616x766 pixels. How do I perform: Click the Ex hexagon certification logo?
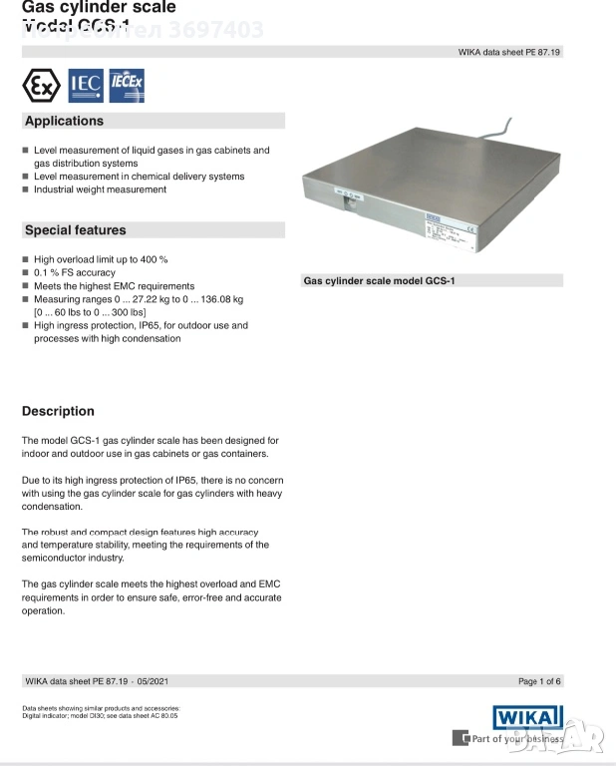point(41,86)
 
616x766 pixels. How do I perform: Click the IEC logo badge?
point(85,86)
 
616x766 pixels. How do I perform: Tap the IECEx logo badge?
point(126,86)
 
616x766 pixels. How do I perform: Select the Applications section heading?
point(64,121)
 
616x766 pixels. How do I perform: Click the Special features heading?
point(76,230)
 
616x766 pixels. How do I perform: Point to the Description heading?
point(58,411)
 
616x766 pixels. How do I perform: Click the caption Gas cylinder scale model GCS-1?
point(379,281)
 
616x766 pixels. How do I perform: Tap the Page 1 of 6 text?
point(540,681)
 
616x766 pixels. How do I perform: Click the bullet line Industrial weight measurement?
point(100,190)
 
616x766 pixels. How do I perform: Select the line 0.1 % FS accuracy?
point(75,272)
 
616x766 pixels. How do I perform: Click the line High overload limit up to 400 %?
point(94,259)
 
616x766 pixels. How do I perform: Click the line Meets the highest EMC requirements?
point(100,285)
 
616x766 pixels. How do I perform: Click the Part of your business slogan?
point(516,739)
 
